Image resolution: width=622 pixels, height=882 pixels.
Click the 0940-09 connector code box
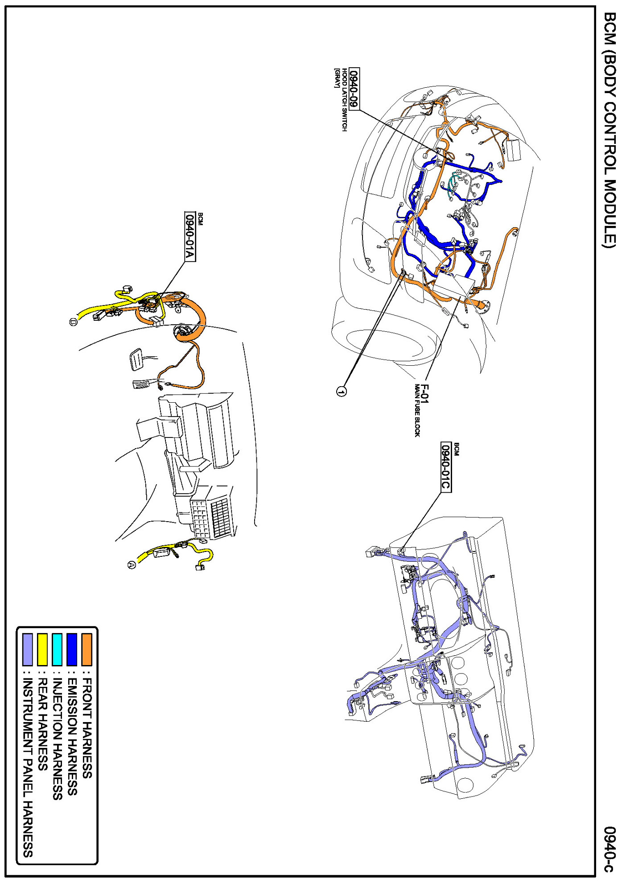pyautogui.click(x=354, y=89)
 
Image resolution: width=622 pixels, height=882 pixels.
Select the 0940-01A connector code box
pyautogui.click(x=190, y=236)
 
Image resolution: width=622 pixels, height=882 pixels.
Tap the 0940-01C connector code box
pyautogui.click(x=446, y=467)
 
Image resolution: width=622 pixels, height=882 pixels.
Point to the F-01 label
pyautogui.click(x=424, y=394)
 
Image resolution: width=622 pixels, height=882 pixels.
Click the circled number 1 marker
pyautogui.click(x=341, y=391)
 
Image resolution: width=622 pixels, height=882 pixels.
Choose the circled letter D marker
pyautogui.click(x=74, y=322)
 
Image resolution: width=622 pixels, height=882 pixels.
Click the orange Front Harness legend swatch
pyautogui.click(x=87, y=649)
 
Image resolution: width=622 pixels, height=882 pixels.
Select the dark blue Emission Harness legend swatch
pyautogui.click(x=71, y=649)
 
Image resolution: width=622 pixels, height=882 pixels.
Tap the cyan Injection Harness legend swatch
pyautogui.click(x=57, y=649)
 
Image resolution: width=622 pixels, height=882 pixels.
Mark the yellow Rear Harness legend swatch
pyautogui.click(x=42, y=649)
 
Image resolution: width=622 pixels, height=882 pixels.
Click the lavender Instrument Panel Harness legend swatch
pyautogui.click(x=28, y=649)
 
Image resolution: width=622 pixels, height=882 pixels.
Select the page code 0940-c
pyautogui.click(x=610, y=849)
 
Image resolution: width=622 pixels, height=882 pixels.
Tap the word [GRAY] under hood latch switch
pyautogui.click(x=337, y=78)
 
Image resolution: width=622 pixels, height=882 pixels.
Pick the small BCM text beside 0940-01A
pyautogui.click(x=200, y=219)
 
